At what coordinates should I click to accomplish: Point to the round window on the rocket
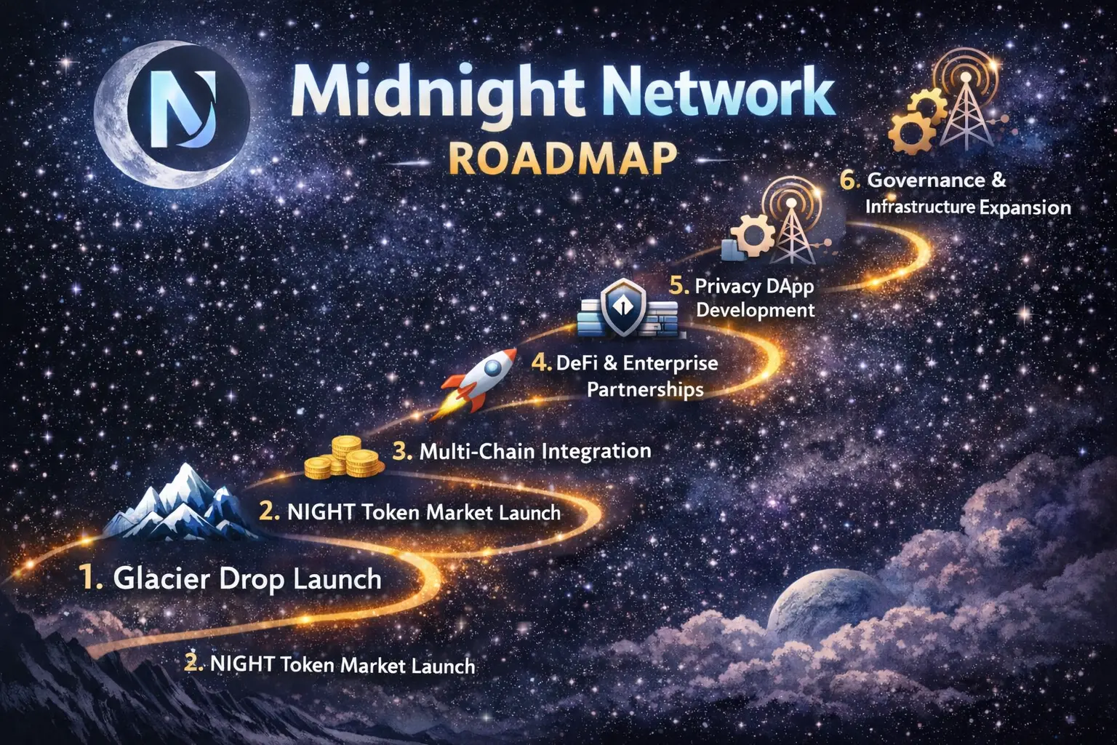[493, 368]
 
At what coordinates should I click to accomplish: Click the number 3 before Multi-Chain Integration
[402, 451]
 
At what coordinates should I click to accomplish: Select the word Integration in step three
[596, 451]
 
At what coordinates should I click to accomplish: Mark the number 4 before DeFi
[540, 363]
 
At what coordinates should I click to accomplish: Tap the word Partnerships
[645, 390]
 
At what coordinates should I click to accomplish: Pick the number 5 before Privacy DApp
[678, 285]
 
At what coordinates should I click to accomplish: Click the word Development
[755, 310]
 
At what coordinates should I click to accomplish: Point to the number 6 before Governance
[849, 180]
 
